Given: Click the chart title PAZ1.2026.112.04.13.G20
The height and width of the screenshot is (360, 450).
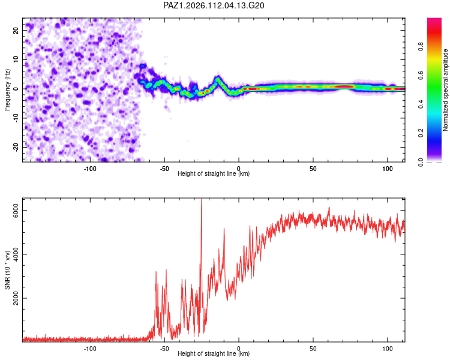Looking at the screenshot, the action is pos(214,5).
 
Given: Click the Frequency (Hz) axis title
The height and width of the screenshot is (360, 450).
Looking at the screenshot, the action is pos(7,90).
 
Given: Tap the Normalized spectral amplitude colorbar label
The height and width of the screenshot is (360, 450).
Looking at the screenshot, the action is pos(445,90).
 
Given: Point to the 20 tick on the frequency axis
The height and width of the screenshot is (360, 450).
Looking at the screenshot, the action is pos(16,30).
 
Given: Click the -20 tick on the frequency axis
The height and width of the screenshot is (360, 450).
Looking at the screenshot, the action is pos(16,147).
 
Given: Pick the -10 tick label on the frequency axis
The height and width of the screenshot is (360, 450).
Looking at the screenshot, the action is pos(16,118).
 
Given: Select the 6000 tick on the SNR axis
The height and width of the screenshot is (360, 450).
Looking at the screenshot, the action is pos(16,211).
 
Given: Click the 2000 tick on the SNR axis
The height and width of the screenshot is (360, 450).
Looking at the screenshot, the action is pos(16,298).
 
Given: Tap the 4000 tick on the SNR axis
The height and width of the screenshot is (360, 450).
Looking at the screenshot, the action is pos(16,254).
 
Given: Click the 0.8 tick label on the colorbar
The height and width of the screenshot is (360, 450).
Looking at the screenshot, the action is pos(421,46).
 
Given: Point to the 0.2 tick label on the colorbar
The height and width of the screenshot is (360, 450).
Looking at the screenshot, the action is pos(421,133).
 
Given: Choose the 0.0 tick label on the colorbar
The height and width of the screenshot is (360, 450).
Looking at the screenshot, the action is pos(421,162).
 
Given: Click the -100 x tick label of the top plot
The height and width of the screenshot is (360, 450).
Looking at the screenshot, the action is pos(90,169).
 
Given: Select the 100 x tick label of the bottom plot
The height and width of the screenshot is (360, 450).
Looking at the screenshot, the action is pos(388,349).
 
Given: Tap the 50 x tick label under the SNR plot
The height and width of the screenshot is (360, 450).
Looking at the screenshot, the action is pos(313,349).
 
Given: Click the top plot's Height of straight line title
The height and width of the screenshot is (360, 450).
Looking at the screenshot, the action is pos(214,173).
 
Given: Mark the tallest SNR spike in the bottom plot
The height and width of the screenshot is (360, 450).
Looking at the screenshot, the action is pos(202,199).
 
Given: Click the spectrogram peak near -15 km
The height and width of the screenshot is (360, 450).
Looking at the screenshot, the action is pos(218,77).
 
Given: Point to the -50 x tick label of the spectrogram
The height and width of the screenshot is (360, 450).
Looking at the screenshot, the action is pos(164,169).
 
